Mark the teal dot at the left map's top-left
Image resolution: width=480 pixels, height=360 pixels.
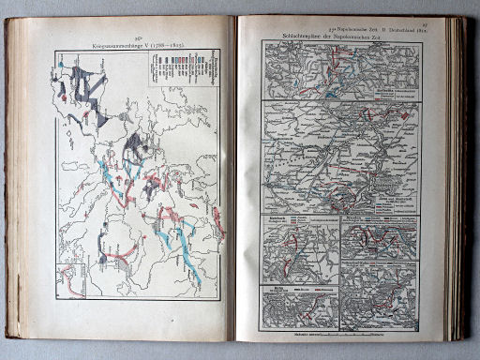[x=61, y=66]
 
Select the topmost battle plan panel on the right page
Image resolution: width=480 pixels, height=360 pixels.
[x=342, y=70]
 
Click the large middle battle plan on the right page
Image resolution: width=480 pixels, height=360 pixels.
[x=342, y=156]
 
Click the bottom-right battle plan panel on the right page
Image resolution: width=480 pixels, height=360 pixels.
[x=380, y=295]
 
